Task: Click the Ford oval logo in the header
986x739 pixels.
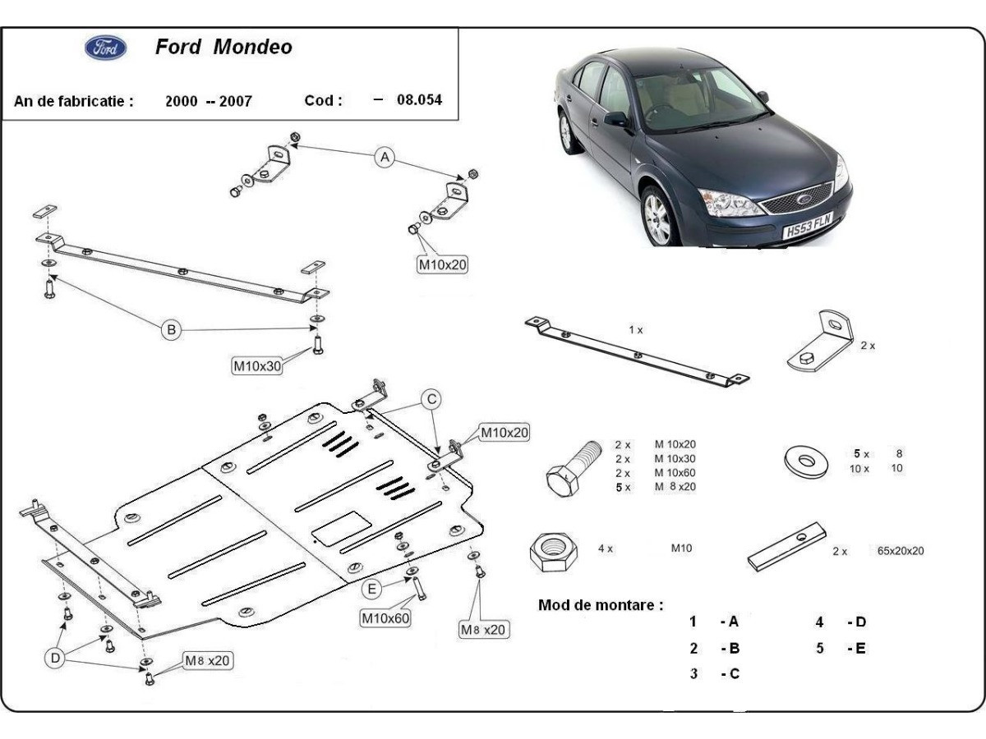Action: [x=106, y=48]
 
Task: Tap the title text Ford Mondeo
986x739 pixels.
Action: [x=223, y=47]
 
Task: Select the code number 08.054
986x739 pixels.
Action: [x=419, y=100]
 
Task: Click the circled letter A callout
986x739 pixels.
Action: [x=385, y=157]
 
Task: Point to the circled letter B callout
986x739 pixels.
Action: [x=171, y=330]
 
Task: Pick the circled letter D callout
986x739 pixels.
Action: [x=55, y=658]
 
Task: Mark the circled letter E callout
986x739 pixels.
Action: [x=373, y=589]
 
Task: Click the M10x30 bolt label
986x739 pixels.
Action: [x=256, y=367]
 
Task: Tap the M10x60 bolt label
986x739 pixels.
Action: [x=385, y=617]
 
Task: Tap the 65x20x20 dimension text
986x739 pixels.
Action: [x=900, y=551]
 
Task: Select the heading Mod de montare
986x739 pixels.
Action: [x=601, y=605]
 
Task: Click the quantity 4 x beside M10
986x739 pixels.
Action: [x=605, y=549]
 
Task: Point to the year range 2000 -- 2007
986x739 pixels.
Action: [x=208, y=101]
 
